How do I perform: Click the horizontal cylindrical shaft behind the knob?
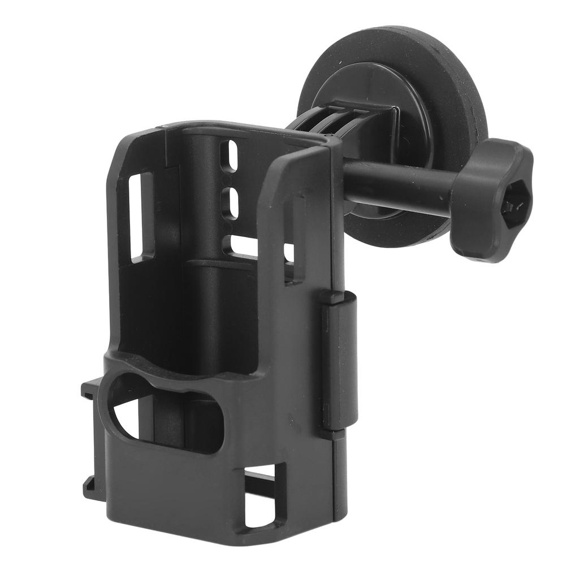[x=396, y=184]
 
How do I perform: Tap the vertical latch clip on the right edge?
[x=339, y=362]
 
